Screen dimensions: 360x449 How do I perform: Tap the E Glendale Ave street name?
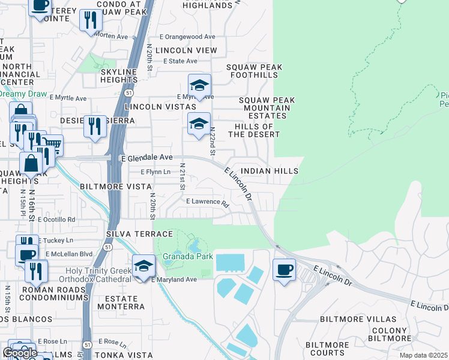pos(146,158)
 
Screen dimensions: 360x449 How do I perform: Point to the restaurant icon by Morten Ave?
pos(91,20)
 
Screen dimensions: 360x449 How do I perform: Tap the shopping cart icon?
pos(52,145)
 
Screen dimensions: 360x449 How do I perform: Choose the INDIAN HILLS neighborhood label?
pos(270,171)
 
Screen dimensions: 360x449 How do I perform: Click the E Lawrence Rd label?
pos(208,202)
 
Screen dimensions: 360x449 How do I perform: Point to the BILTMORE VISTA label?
pos(115,187)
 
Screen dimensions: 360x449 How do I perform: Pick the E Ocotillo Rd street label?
pos(56,220)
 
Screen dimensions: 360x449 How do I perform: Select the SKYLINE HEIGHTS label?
pos(119,76)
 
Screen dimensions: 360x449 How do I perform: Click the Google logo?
pos(20,353)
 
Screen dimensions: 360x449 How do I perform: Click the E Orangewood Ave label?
pos(187,37)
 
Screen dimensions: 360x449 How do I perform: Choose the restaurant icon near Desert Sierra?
pos(94,126)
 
